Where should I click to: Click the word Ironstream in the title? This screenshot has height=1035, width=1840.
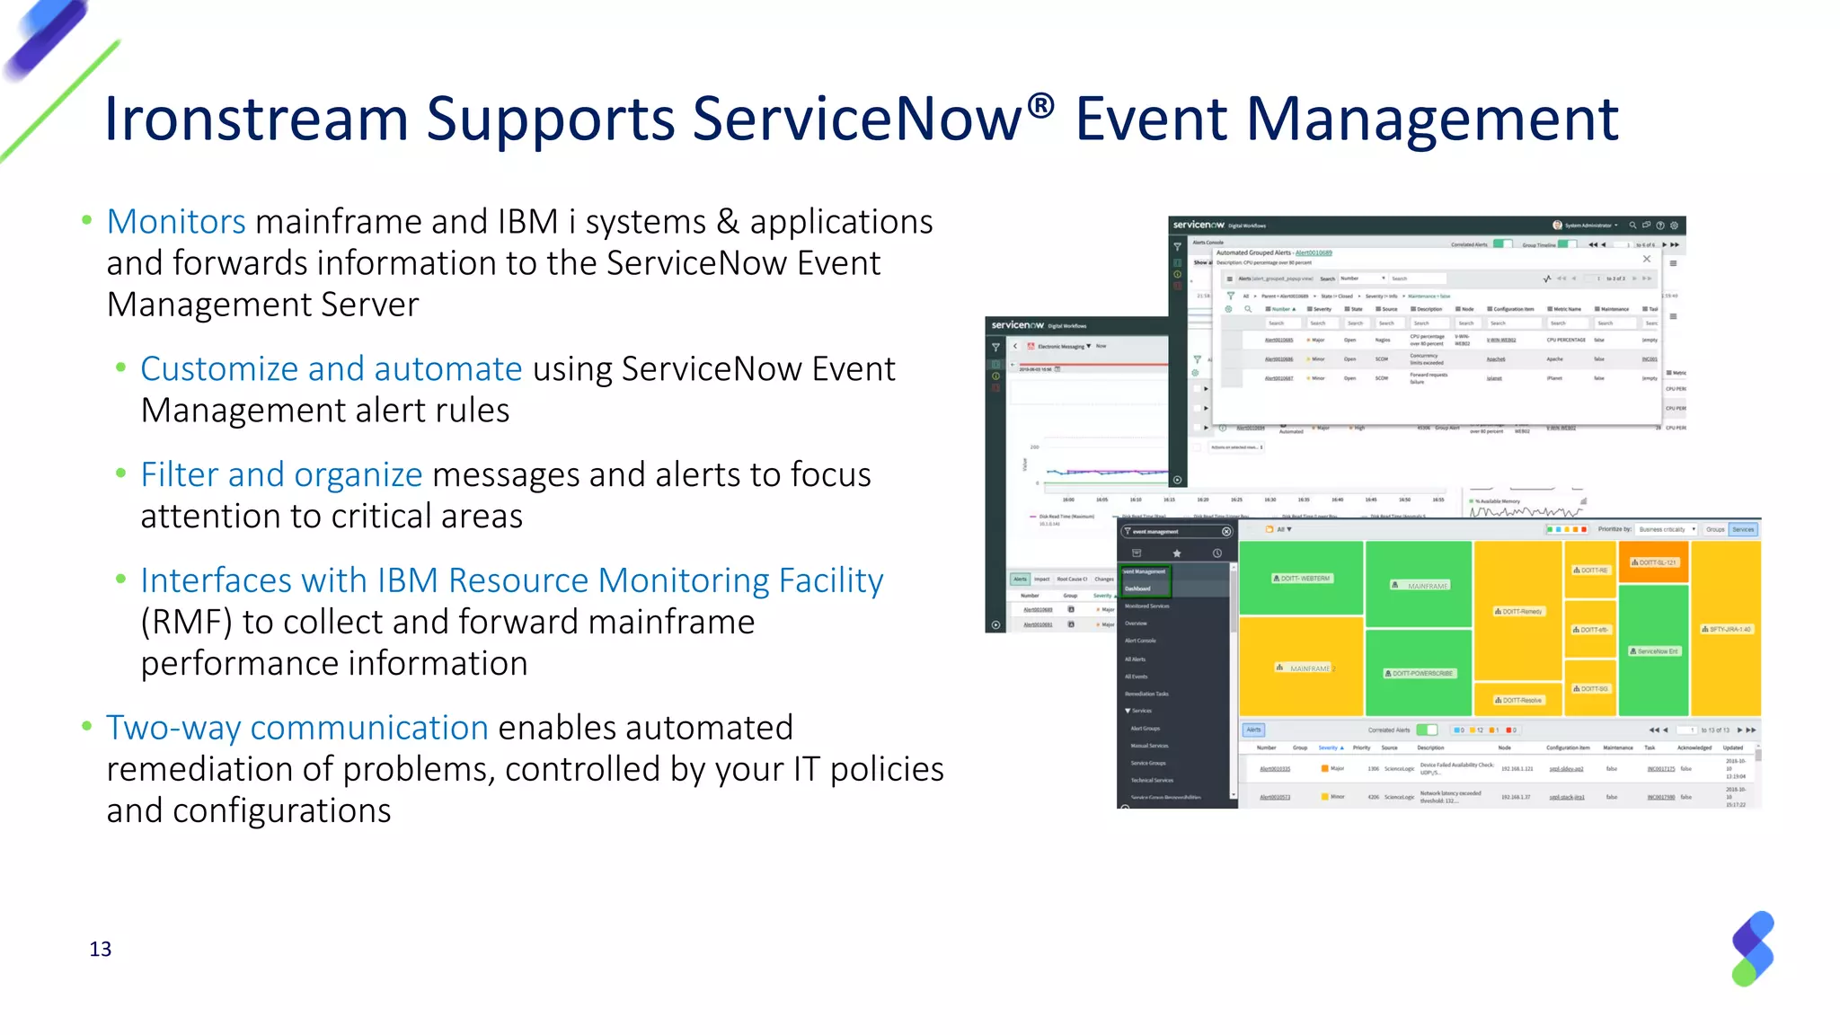click(256, 119)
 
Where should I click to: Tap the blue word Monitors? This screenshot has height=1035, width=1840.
click(176, 222)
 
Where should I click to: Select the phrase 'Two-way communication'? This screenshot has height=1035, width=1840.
click(297, 728)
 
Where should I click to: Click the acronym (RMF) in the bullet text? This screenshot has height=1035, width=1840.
click(186, 622)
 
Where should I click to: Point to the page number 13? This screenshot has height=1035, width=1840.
click(101, 950)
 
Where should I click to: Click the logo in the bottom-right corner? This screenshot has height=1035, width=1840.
click(1753, 949)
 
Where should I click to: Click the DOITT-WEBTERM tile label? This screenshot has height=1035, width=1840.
click(1303, 579)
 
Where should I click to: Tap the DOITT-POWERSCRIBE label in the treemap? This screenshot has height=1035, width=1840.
click(1420, 673)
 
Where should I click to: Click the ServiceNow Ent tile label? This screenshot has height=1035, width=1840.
click(1654, 651)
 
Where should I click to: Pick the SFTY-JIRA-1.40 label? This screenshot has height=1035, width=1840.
click(1726, 629)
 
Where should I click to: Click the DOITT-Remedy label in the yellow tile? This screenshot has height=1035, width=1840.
click(1518, 611)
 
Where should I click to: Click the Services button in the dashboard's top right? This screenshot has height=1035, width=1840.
click(1743, 529)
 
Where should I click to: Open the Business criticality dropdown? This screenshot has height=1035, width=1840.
click(1666, 529)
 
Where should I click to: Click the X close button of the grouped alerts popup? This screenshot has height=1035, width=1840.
click(1647, 259)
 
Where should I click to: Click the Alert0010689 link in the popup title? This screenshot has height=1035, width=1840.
click(1314, 253)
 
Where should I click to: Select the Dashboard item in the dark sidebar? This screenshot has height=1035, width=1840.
click(1138, 588)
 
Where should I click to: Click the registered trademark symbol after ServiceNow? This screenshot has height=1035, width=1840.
click(1040, 105)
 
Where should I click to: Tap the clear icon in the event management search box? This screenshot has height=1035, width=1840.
click(1226, 532)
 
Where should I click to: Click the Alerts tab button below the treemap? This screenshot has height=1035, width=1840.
click(1253, 730)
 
